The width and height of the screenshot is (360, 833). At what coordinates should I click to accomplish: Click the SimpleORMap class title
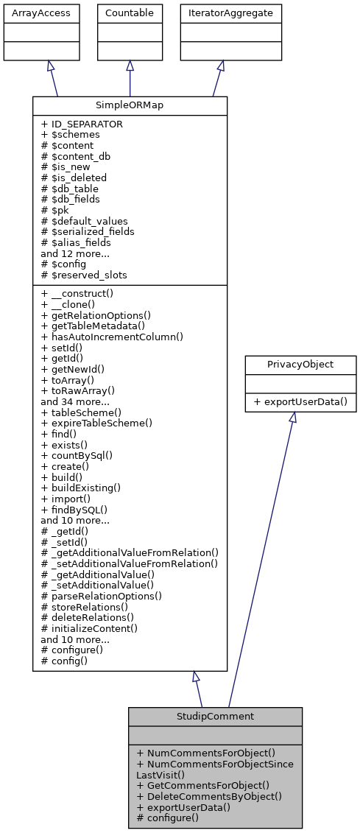[130, 105]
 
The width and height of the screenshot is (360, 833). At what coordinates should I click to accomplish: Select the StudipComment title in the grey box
[215, 716]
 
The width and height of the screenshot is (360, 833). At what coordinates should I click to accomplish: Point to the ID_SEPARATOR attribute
[82, 124]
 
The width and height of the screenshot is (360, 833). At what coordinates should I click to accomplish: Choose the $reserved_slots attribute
[84, 275]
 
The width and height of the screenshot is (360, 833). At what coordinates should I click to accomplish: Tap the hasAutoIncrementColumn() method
[112, 336]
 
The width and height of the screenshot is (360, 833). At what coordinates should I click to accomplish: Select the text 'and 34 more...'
[74, 403]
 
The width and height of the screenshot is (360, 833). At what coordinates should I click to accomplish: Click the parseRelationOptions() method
[102, 595]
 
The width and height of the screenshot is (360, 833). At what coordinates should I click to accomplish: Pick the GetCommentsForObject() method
[202, 785]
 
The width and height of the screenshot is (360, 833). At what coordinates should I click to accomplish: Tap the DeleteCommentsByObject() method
[209, 796]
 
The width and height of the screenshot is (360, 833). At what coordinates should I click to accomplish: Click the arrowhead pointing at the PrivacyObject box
[292, 418]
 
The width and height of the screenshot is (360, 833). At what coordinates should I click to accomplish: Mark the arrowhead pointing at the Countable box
[130, 66]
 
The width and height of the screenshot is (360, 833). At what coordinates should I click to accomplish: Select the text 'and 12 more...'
[74, 253]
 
